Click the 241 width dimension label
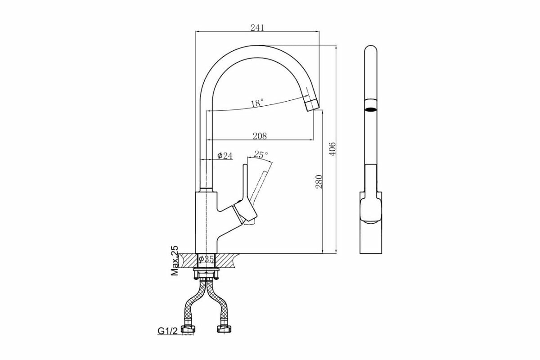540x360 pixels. [x=257, y=27]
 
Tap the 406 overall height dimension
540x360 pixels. [x=332, y=148]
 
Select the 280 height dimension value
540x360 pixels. [x=319, y=181]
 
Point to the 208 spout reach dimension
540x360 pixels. [x=260, y=135]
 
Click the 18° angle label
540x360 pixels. [x=257, y=103]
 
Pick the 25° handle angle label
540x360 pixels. [x=261, y=154]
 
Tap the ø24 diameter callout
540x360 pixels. [x=225, y=156]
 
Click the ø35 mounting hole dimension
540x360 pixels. [x=207, y=259]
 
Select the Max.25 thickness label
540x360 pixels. [x=175, y=261]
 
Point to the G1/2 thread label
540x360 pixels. [x=167, y=331]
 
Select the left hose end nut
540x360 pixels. [x=187, y=329]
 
